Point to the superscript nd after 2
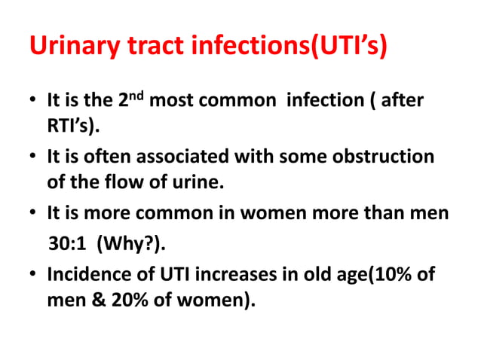click(136, 95)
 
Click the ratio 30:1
click(67, 243)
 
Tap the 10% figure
click(394, 274)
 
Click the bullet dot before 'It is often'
click(34, 159)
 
